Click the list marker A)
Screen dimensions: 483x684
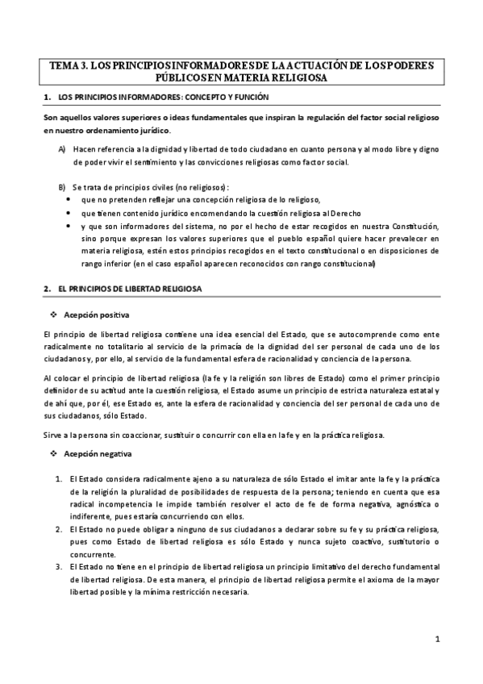coord(62,149)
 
